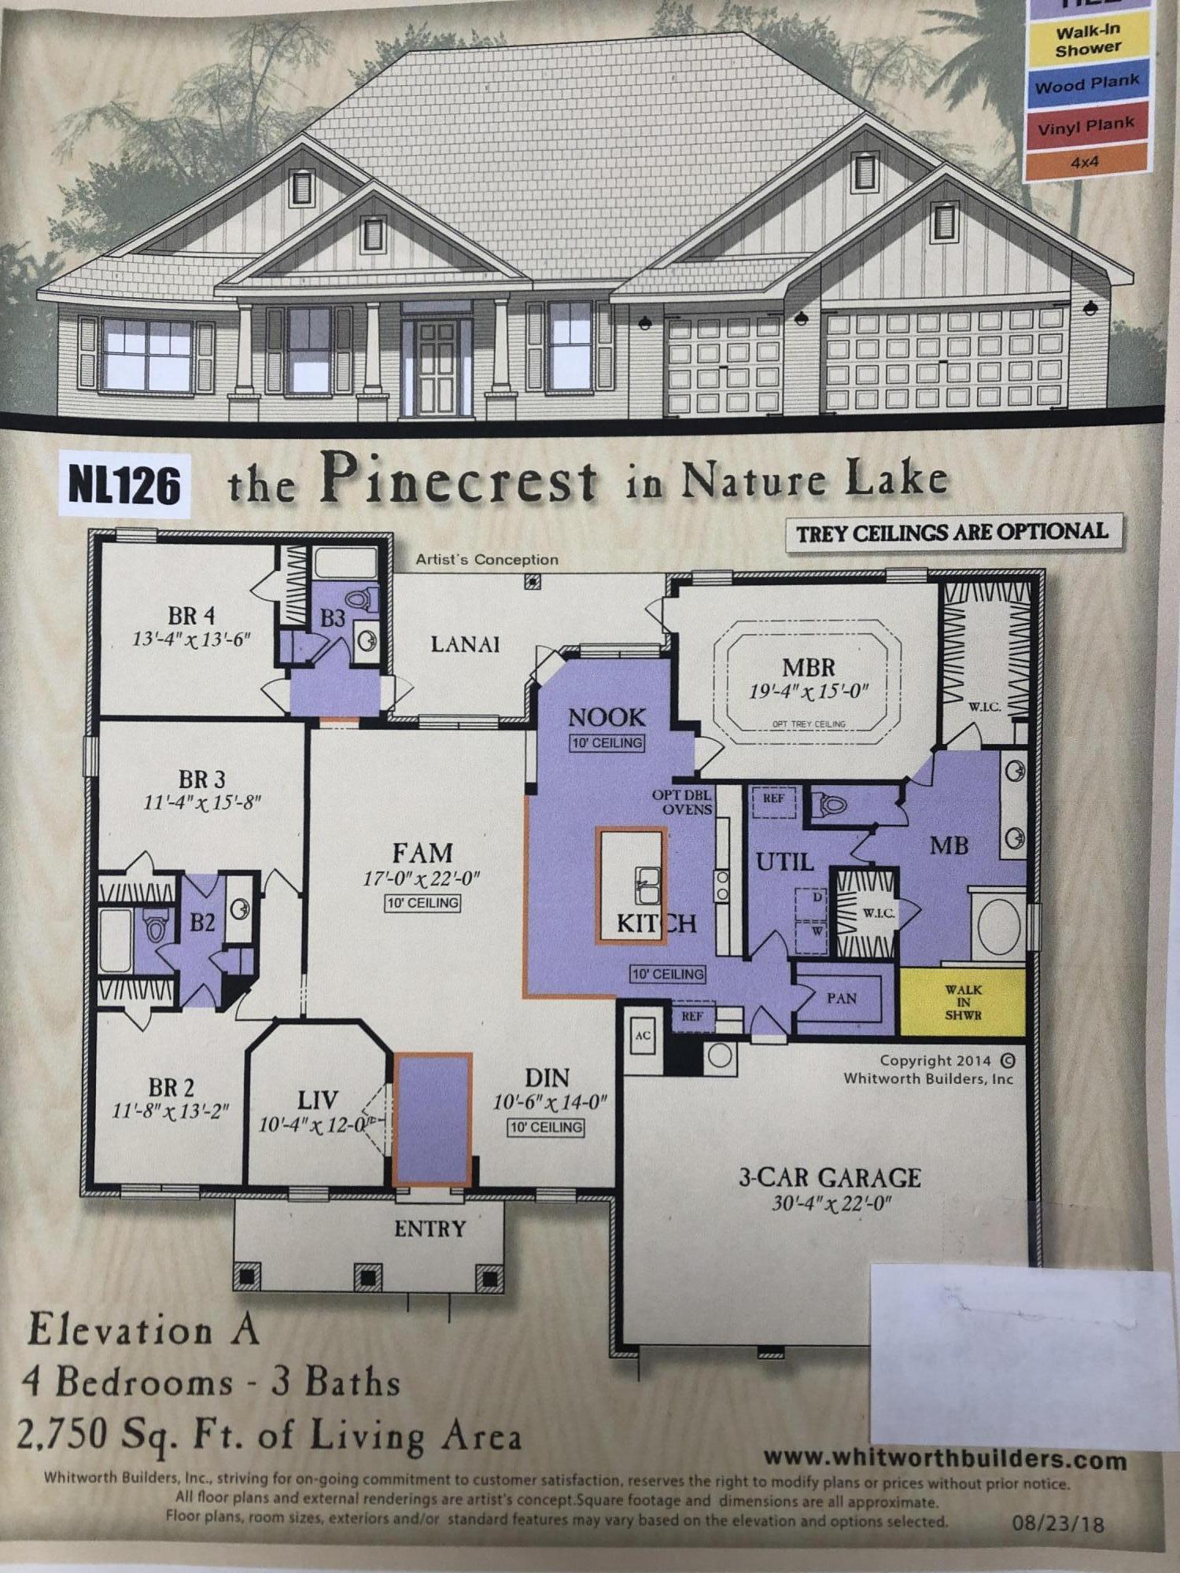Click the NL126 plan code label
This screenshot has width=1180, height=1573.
coord(124,485)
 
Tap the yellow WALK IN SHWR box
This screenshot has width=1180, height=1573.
coord(962,1002)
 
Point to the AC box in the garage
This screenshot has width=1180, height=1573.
coord(643,1035)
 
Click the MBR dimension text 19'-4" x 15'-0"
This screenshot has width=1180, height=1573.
coord(808,692)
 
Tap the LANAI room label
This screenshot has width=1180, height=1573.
coord(465,644)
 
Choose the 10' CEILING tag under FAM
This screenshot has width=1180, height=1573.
coord(422,903)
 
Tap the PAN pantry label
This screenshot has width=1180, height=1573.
coord(842,998)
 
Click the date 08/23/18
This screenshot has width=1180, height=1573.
coord(1056,1524)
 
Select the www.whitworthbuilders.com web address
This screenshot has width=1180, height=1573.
coord(945,1460)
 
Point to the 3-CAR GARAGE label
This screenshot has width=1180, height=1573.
coord(829,1177)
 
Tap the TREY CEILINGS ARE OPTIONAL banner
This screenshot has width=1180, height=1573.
coord(952,532)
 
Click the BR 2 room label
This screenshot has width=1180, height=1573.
coord(171,1088)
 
